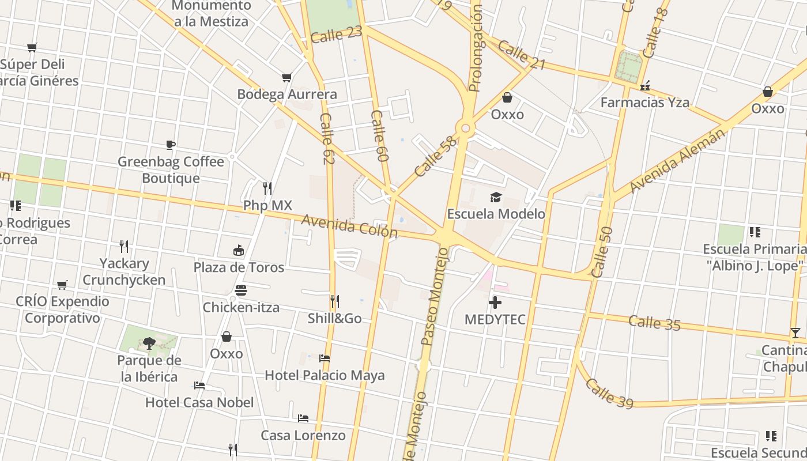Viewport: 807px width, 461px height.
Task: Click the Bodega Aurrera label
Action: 287,94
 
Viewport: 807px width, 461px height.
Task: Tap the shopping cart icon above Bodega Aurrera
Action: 286,77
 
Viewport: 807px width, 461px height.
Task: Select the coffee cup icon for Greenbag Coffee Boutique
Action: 170,145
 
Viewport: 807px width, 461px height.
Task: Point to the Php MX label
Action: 267,205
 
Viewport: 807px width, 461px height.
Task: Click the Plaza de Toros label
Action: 239,267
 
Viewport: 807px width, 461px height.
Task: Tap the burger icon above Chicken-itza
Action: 241,290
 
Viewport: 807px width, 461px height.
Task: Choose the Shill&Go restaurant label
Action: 334,318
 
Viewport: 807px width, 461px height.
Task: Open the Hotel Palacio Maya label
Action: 325,376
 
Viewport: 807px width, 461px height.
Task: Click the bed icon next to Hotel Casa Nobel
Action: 199,385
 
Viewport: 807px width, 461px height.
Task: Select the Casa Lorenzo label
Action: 303,435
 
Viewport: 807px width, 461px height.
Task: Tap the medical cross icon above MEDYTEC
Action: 495,302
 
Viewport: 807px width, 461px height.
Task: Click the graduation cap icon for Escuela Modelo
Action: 496,198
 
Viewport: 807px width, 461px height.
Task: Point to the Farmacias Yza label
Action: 645,103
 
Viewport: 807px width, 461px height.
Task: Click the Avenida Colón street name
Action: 349,226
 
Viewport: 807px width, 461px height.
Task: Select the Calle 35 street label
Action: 654,323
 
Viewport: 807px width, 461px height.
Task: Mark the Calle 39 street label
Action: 609,394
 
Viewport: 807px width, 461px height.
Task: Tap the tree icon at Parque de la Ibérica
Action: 149,343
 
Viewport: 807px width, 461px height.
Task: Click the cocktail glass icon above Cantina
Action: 795,333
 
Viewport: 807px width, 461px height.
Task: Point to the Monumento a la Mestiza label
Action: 211,14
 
